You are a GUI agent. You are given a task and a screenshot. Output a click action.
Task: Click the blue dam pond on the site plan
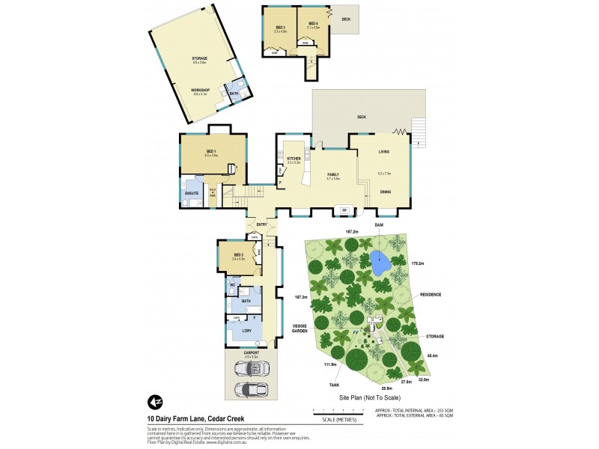(x=380, y=263)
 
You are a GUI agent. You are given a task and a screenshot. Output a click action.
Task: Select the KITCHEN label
(x=293, y=159)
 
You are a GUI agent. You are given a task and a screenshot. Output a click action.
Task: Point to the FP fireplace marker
(x=344, y=210)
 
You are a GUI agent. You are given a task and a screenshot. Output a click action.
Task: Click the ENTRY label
(x=261, y=224)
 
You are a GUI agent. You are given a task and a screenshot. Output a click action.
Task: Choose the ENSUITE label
(x=192, y=194)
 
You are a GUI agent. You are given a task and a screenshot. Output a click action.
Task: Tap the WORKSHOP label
(x=201, y=90)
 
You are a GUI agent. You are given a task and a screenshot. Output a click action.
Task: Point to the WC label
(x=232, y=286)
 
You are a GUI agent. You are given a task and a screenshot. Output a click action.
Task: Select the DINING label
(x=384, y=192)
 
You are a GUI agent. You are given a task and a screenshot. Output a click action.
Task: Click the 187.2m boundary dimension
(x=350, y=233)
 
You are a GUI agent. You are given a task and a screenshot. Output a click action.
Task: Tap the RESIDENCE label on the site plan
(x=430, y=295)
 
